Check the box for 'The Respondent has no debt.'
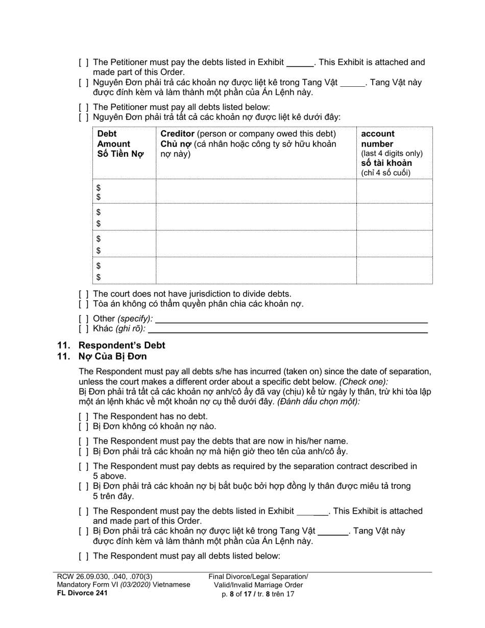(84, 417)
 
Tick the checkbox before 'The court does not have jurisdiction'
(84, 294)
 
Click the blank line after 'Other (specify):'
(291, 320)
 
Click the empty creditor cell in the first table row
(255, 191)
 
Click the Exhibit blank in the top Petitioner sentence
(300, 63)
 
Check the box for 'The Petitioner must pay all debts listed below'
(84, 107)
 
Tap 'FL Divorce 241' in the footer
(82, 593)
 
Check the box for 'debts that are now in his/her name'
(84, 441)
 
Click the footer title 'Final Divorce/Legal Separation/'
(258, 576)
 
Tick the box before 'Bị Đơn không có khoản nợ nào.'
(84, 426)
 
